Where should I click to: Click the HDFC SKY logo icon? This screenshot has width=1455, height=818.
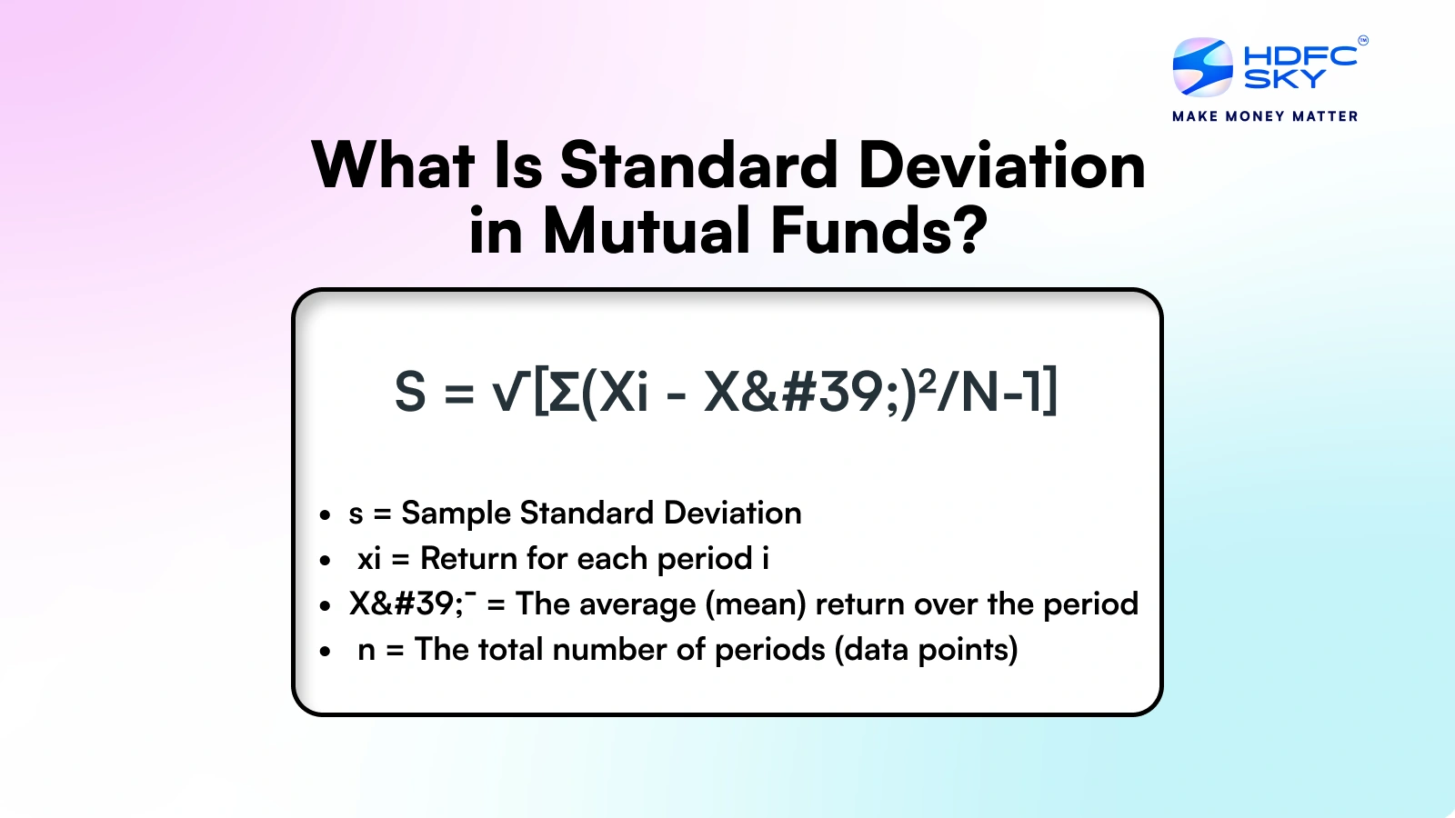coord(1202,67)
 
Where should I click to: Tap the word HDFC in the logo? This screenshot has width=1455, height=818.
coord(1299,55)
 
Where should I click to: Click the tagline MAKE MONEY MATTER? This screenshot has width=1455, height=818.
coord(1265,116)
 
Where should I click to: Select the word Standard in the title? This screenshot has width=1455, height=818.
coord(698,166)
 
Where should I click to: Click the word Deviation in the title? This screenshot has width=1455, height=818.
coord(1001,166)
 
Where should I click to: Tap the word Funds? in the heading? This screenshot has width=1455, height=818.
coord(878,231)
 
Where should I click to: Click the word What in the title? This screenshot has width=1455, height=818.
coord(393,166)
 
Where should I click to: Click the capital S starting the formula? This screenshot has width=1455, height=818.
coord(410,393)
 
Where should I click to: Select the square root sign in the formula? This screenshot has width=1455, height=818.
coord(509,393)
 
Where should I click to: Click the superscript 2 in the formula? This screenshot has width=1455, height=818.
coord(928,381)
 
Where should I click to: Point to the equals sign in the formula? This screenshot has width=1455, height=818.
coord(458,394)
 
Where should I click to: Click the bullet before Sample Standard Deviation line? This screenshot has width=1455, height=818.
coord(325,515)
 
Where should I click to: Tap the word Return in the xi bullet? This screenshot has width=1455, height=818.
coord(468,558)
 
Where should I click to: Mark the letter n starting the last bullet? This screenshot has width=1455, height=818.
coord(366,651)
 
